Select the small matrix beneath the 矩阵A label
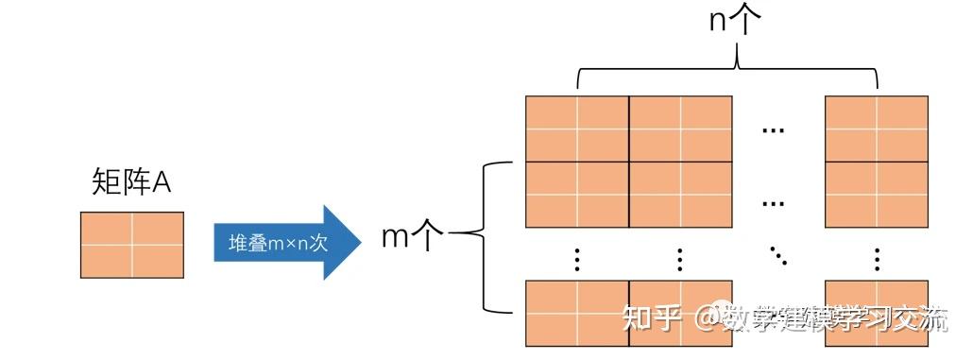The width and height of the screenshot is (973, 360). pyautogui.click(x=132, y=245)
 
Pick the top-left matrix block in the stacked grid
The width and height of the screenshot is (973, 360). pyautogui.click(x=577, y=129)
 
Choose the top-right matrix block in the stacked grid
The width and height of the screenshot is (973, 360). pyautogui.click(x=876, y=129)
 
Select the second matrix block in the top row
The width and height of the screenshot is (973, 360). pyautogui.click(x=680, y=129)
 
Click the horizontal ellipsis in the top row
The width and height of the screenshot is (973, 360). pyautogui.click(x=774, y=129)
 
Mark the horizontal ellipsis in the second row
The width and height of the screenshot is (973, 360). pyautogui.click(x=774, y=201)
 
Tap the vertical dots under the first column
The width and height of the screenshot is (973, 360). pyautogui.click(x=577, y=258)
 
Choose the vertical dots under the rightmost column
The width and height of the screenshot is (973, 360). pyautogui.click(x=877, y=258)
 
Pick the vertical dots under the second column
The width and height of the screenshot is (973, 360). pyautogui.click(x=680, y=258)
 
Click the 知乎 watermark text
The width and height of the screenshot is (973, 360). pyautogui.click(x=652, y=319)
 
